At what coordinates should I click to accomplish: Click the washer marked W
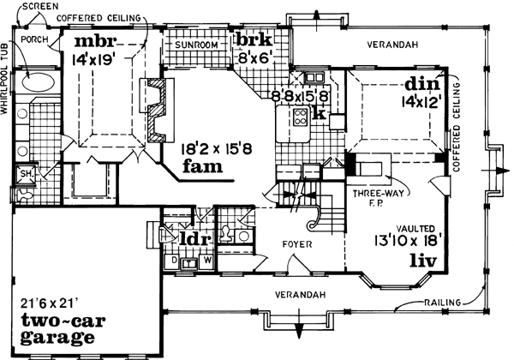206,259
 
